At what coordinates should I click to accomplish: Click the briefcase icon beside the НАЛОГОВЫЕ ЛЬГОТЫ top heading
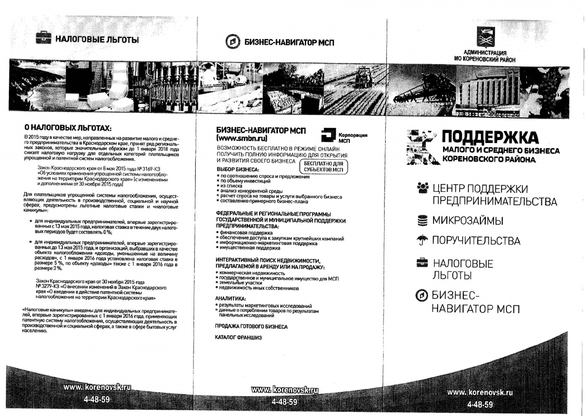pyautogui.click(x=43, y=38)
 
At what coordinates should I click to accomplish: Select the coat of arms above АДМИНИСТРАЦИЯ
pyautogui.click(x=485, y=37)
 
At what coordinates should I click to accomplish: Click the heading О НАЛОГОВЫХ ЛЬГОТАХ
pyautogui.click(x=68, y=128)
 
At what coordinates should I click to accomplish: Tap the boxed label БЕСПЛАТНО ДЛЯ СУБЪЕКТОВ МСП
pyautogui.click(x=323, y=166)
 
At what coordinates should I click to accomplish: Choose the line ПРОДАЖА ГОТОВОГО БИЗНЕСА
pyautogui.click(x=251, y=327)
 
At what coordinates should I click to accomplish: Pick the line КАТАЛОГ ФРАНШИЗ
pyautogui.click(x=238, y=337)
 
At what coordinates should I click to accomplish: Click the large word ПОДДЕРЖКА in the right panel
pyautogui.click(x=490, y=138)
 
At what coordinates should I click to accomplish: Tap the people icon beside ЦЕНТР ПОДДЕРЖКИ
pyautogui.click(x=423, y=188)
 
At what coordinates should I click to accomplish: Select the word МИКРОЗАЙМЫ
pyautogui.click(x=467, y=221)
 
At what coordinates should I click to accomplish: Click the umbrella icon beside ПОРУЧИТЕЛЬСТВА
pyautogui.click(x=423, y=240)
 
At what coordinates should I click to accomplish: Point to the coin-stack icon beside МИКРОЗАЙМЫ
pyautogui.click(x=423, y=221)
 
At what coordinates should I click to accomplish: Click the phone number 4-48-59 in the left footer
pyautogui.click(x=96, y=400)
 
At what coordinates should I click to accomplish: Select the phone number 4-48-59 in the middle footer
pyautogui.click(x=284, y=402)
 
